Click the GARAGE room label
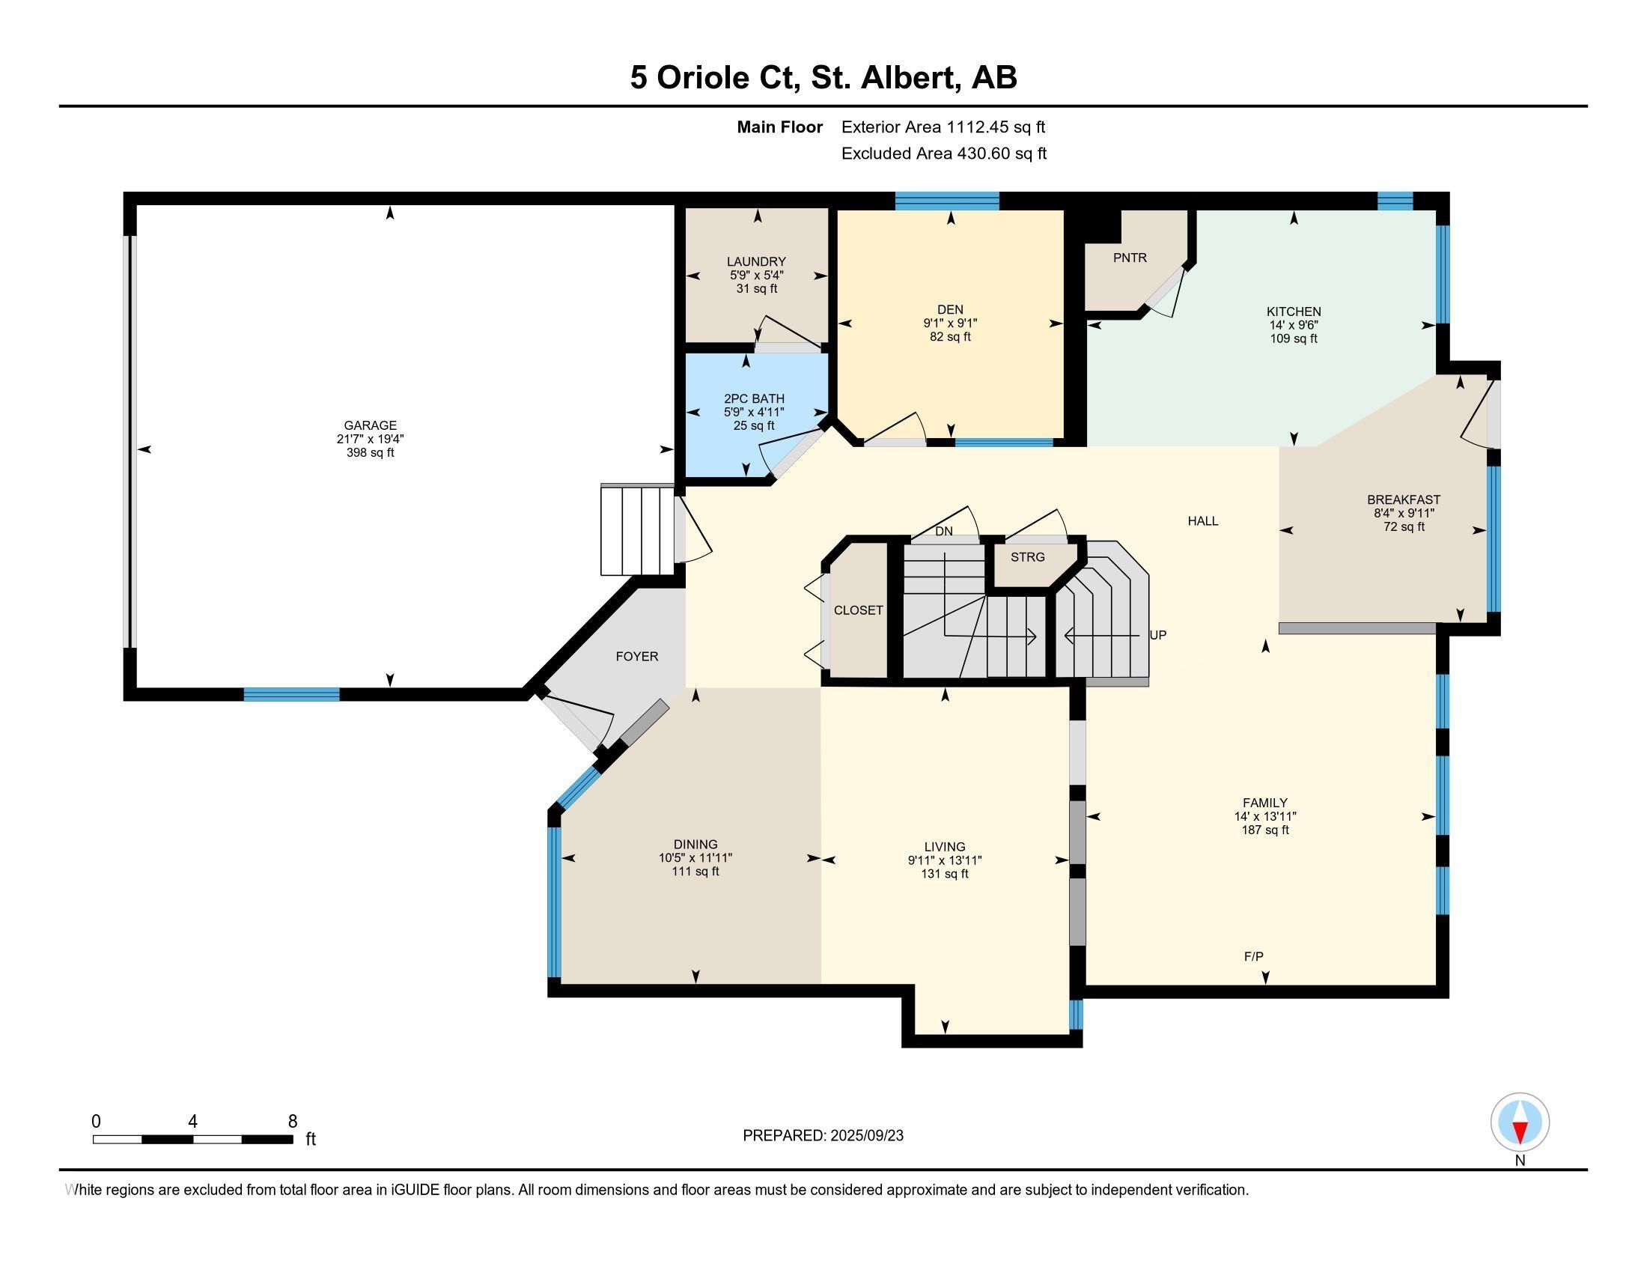(370, 425)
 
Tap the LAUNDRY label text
(756, 261)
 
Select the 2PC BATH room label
(754, 399)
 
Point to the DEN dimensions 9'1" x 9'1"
(950, 323)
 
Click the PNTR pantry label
(1130, 258)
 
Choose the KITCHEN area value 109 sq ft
(1294, 338)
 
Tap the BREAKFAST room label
(1404, 500)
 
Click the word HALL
(1203, 521)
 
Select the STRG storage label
(1028, 557)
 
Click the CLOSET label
(858, 610)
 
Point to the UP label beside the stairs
(1157, 635)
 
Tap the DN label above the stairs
(943, 531)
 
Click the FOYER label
(636, 657)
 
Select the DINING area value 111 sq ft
(695, 872)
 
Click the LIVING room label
(945, 847)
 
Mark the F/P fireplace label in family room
(1253, 956)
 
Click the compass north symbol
(1520, 1123)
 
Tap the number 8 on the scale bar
(293, 1122)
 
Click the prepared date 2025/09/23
(865, 1136)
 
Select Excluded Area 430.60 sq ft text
(943, 154)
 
